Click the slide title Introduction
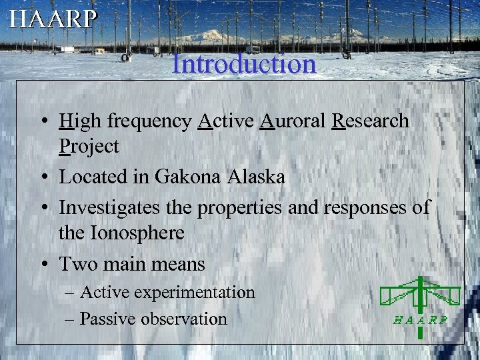pyautogui.click(x=243, y=64)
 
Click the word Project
pyautogui.click(x=89, y=147)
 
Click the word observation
pyautogui.click(x=187, y=319)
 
